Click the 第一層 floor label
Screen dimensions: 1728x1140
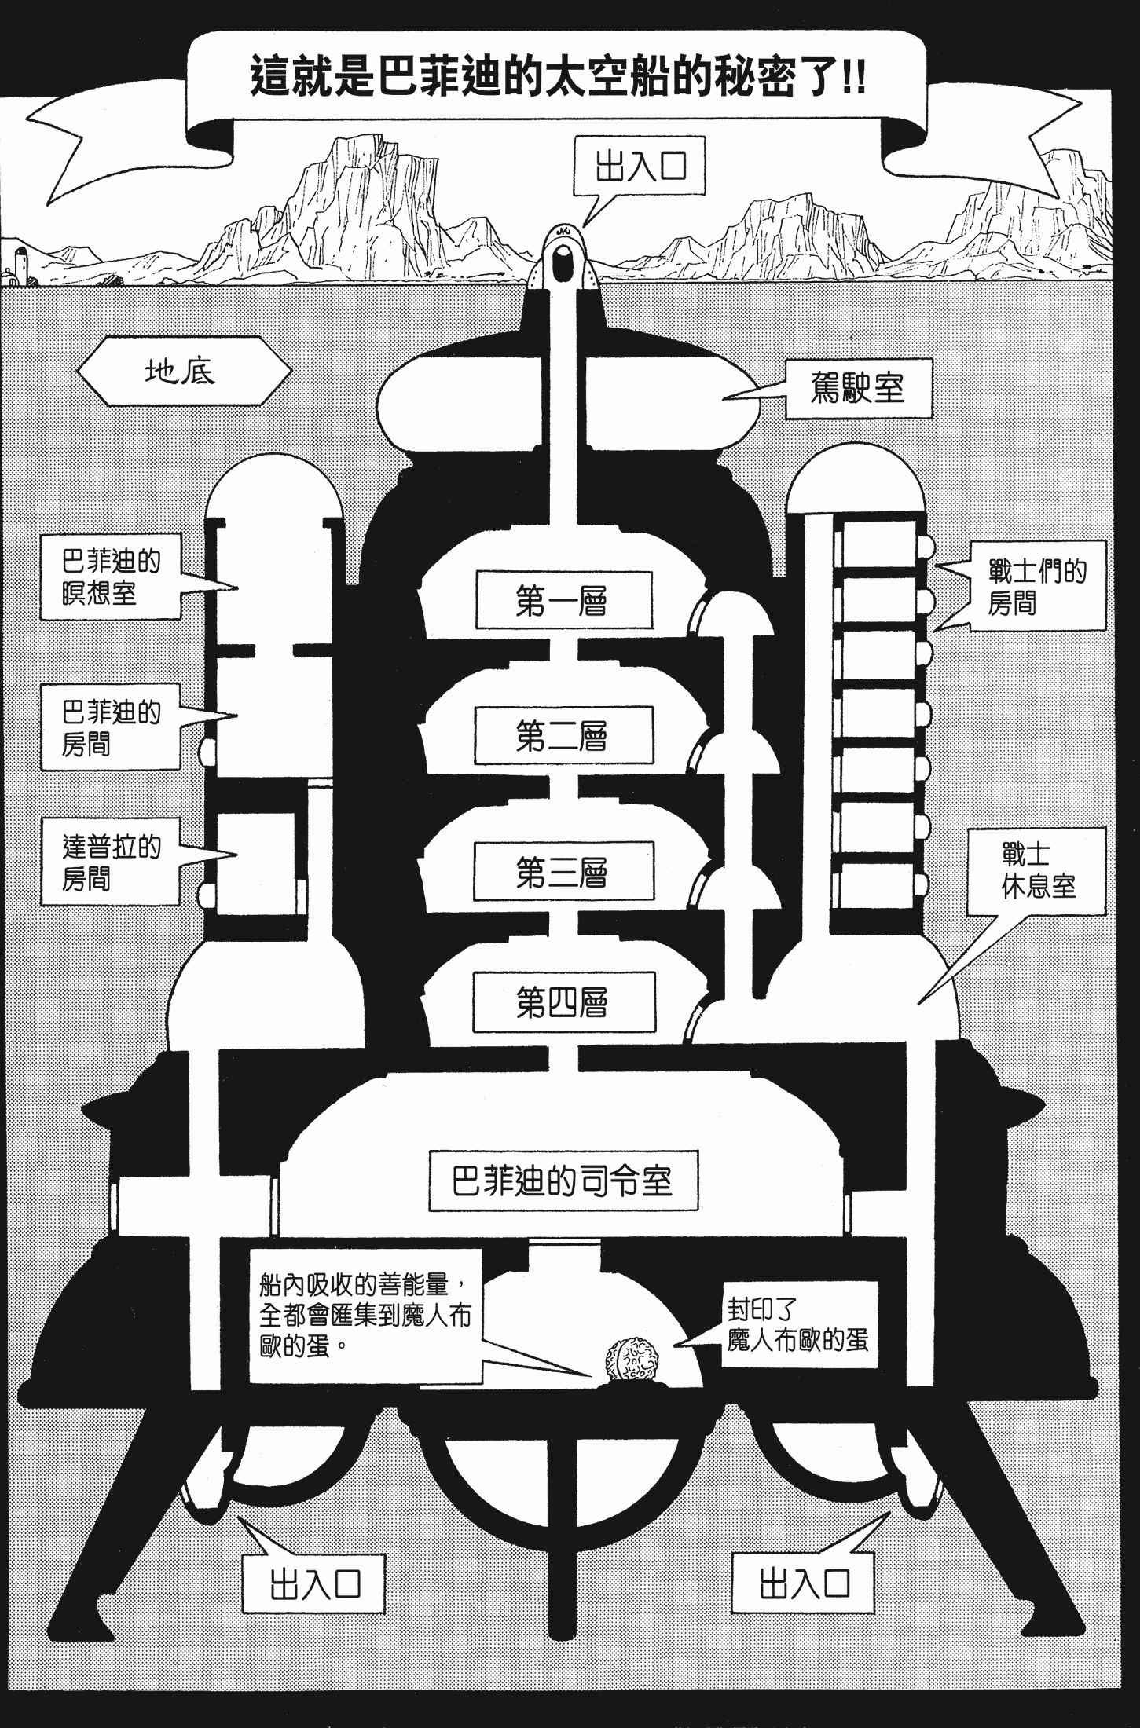tap(563, 601)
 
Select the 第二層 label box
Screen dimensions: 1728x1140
tap(563, 736)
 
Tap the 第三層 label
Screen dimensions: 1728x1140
tap(563, 871)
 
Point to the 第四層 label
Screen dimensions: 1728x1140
tap(563, 1001)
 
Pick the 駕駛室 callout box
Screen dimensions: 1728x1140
tap(858, 388)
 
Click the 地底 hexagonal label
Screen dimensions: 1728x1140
tap(181, 371)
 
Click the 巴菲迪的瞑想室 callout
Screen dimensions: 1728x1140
tap(111, 576)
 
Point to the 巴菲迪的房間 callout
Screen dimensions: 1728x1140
tap(111, 727)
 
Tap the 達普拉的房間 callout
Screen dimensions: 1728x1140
tap(111, 862)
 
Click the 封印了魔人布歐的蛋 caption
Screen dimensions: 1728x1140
tap(797, 1323)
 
